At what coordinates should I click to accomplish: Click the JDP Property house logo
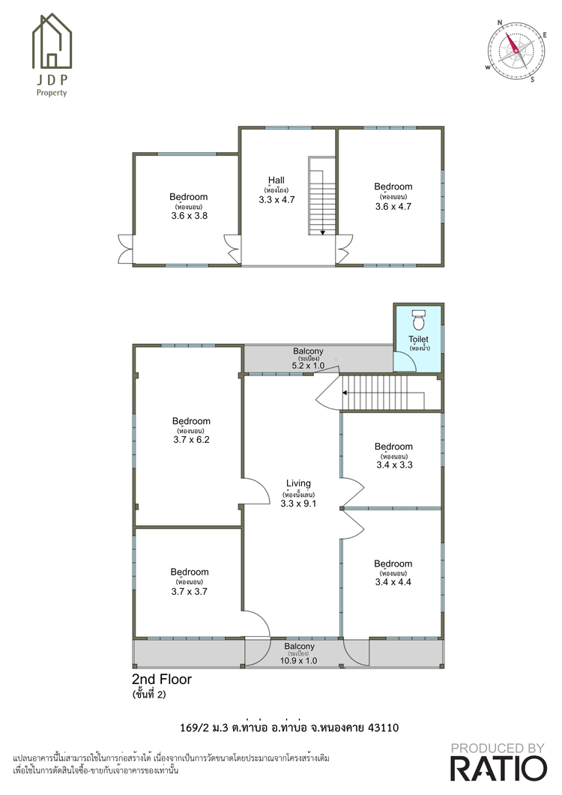coord(52,40)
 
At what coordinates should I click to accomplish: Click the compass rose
coord(516,51)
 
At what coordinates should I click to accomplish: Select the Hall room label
coord(277,180)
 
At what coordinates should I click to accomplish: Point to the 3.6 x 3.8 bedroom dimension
coord(189,216)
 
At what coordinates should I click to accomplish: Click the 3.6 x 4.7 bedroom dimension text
coord(393,206)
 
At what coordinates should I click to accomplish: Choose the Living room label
coord(298,483)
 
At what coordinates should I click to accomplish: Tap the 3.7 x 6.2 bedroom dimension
coord(191,440)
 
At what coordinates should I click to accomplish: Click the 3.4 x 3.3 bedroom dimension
coord(394,465)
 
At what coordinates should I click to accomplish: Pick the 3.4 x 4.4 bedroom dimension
coord(393,582)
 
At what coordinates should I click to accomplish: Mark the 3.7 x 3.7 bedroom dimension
coord(189,591)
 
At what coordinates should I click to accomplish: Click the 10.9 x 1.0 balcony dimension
coord(299,661)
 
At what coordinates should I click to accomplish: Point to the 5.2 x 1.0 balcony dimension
coord(308,365)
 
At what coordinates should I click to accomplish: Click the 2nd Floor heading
coord(162,680)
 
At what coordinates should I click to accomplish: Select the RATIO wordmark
coord(498,769)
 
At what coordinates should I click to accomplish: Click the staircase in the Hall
coord(322,196)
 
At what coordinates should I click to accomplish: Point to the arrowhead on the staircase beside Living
coord(345,393)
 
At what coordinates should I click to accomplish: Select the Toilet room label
coord(418,339)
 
